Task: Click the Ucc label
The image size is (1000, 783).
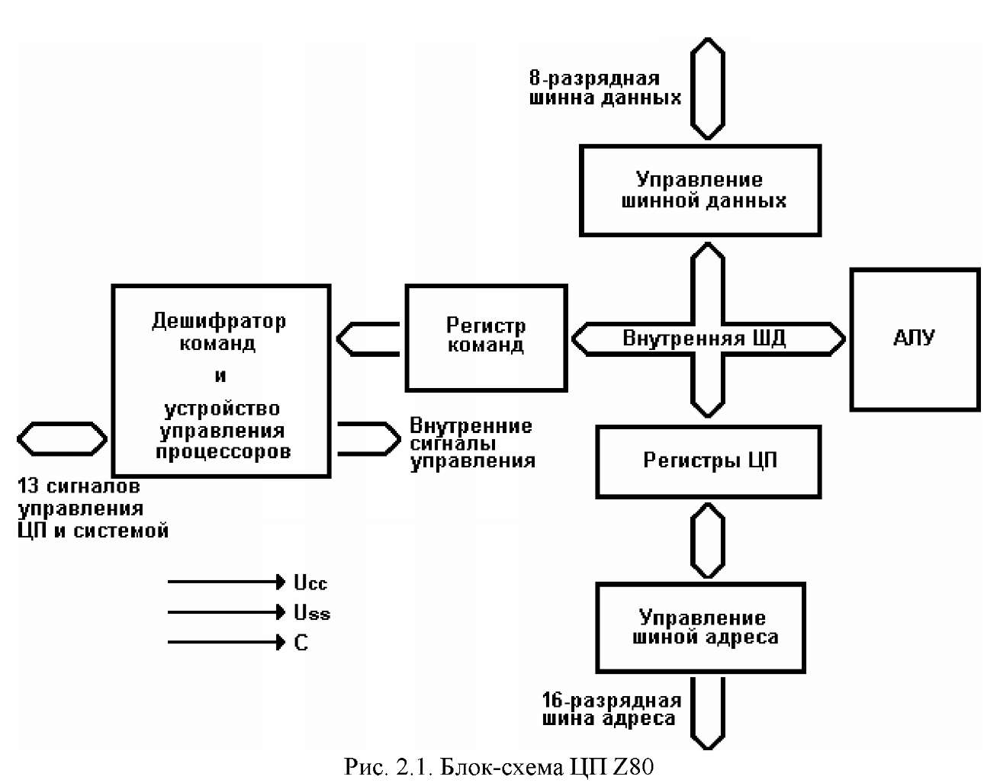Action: [310, 583]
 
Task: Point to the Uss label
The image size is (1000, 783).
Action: [312, 613]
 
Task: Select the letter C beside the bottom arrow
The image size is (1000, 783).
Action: [301, 643]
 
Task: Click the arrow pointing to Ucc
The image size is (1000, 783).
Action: [227, 582]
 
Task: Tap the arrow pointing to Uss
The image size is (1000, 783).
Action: [227, 612]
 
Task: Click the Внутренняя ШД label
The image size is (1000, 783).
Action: [704, 339]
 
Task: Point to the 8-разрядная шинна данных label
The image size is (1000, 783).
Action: [605, 88]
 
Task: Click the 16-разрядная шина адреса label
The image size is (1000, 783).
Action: [612, 710]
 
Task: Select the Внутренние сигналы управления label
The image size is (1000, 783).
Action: [473, 444]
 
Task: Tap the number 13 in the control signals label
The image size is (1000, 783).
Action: [28, 486]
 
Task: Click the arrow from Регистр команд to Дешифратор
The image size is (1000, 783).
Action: [368, 339]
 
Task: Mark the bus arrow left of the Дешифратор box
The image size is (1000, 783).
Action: [62, 438]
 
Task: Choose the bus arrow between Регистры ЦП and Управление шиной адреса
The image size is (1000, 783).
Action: [708, 541]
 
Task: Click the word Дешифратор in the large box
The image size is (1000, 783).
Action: [219, 321]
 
